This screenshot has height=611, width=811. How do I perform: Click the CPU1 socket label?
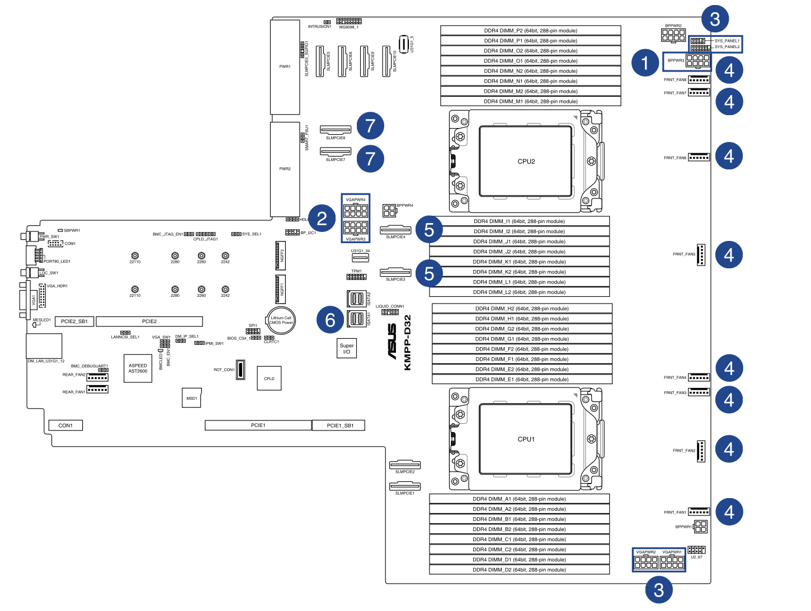(x=526, y=439)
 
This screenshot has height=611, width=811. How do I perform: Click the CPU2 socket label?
(x=526, y=162)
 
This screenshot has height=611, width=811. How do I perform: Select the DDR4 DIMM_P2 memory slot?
(x=530, y=31)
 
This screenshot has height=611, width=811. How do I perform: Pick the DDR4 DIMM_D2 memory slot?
(x=519, y=570)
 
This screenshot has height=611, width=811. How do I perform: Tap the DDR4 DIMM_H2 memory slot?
(x=522, y=309)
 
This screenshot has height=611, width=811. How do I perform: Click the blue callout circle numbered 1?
(x=645, y=63)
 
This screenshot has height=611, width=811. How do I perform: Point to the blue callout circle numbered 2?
(x=322, y=219)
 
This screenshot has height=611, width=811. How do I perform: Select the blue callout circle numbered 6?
(x=330, y=320)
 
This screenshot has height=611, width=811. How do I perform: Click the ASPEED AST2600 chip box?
(x=138, y=368)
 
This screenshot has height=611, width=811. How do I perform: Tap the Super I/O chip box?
(x=347, y=348)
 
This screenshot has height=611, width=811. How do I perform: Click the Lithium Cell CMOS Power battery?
(x=281, y=320)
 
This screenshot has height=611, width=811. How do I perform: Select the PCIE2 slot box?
(x=149, y=321)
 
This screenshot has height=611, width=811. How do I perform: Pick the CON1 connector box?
(x=65, y=425)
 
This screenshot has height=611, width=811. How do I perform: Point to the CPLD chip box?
(x=269, y=378)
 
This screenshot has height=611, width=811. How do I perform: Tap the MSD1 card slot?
(x=192, y=398)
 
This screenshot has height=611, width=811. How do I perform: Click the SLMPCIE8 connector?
(x=336, y=130)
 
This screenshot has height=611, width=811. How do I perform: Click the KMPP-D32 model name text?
(x=407, y=342)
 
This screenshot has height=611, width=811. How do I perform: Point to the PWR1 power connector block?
(x=285, y=67)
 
